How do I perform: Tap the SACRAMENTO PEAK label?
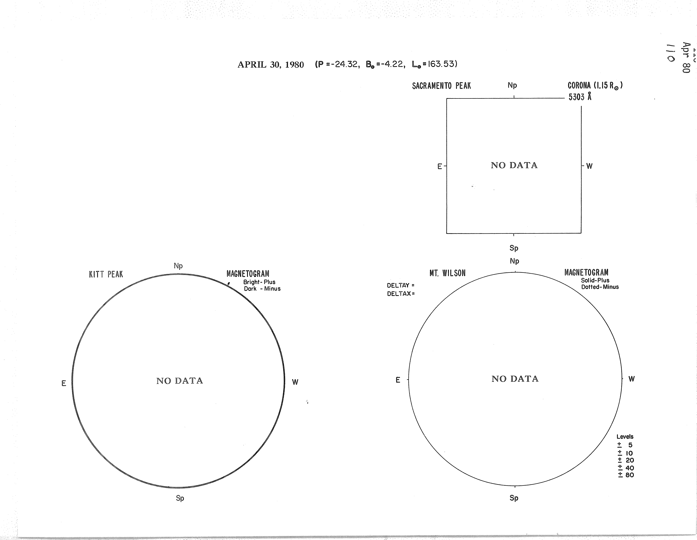coord(441,86)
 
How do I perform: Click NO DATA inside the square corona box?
coord(514,165)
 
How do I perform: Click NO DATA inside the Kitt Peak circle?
coord(180,381)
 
